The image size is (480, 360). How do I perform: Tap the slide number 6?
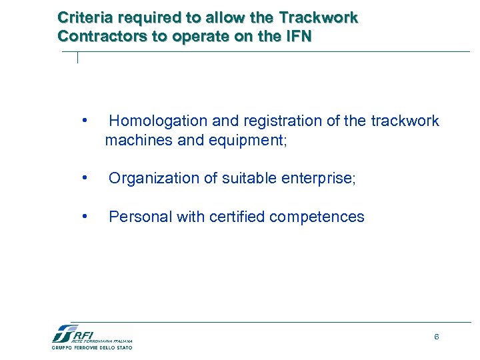[436, 337]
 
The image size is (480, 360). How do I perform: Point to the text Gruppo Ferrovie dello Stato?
[92, 347]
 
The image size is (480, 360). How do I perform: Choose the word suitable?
[249, 179]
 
